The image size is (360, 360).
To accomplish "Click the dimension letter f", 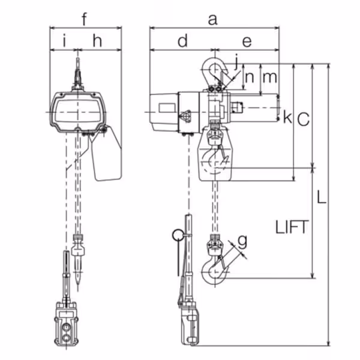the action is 85,19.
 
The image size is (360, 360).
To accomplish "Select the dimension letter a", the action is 212,20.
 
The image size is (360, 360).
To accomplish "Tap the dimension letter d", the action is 183,41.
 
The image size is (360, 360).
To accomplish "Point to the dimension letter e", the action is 247,42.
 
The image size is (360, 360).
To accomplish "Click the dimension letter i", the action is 65,41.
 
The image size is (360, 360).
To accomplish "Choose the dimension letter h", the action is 97,41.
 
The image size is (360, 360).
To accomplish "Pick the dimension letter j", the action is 236,62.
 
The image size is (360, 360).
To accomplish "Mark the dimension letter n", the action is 250,77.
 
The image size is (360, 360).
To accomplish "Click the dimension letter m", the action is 269,77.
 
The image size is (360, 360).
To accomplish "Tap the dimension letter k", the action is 287,116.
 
